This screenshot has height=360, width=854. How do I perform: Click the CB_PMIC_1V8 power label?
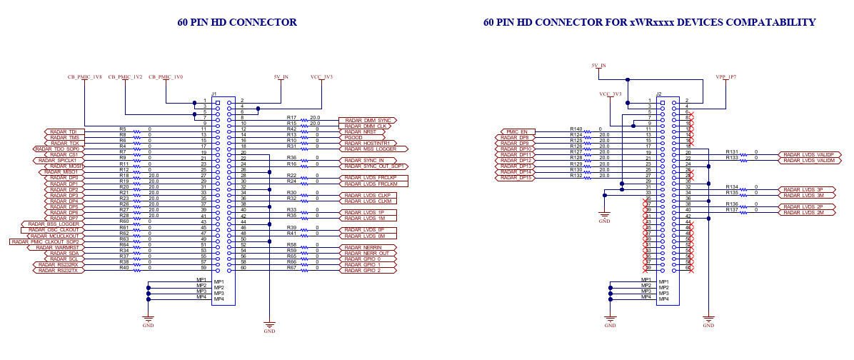84,76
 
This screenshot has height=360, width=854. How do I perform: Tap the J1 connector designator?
213,94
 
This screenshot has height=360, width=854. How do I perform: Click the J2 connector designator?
659,94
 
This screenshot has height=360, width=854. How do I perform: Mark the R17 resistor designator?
291,117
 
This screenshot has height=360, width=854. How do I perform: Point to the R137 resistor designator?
732,209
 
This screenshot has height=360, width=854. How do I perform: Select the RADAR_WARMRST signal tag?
59,248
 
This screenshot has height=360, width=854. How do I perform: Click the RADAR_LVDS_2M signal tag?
803,213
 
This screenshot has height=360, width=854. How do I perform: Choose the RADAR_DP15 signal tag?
516,178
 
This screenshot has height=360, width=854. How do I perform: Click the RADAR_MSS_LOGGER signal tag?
372,149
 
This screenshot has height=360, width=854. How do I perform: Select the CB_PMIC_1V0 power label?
166,76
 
